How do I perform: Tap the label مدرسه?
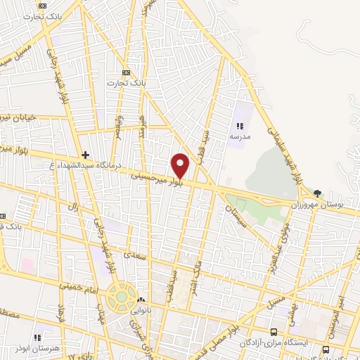coord(238,137)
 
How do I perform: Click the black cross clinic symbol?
coord(85,155)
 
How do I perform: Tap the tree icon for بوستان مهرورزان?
coord(318,193)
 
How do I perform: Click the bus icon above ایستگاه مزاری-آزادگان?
coord(274,331)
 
